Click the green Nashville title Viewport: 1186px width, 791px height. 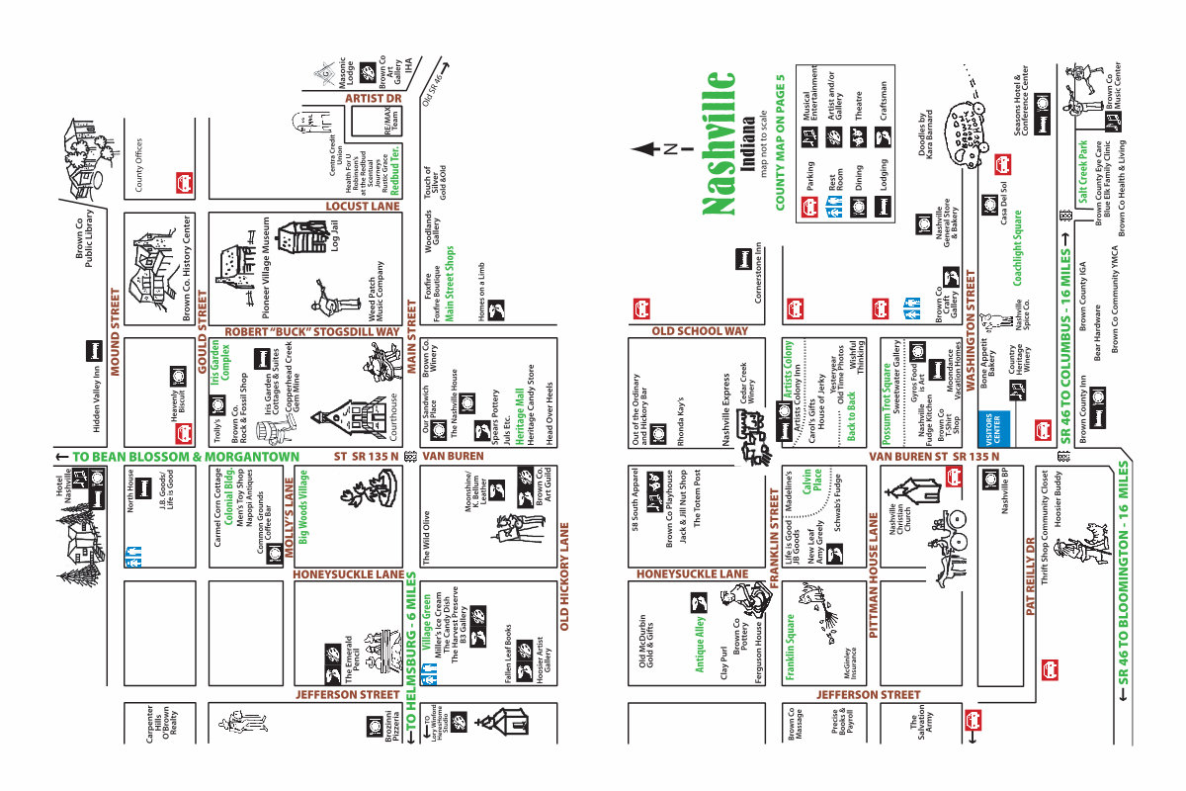[719, 142]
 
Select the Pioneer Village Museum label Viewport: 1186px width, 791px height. [266, 266]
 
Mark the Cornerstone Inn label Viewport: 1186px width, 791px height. [759, 272]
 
